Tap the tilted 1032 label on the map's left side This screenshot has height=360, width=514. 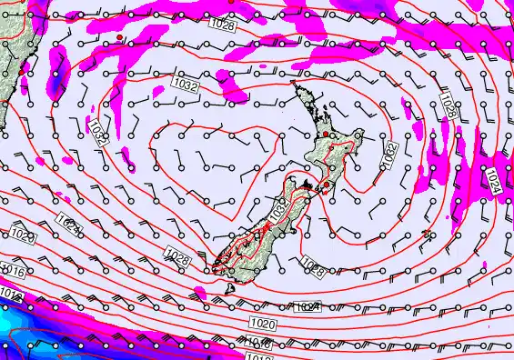tap(99, 137)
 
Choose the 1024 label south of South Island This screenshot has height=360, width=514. tap(307, 308)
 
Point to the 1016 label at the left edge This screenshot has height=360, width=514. tap(13, 270)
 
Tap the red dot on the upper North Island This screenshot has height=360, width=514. tap(326, 134)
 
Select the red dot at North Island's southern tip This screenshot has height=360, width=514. tap(326, 185)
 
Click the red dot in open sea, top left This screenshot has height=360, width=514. tap(119, 37)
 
